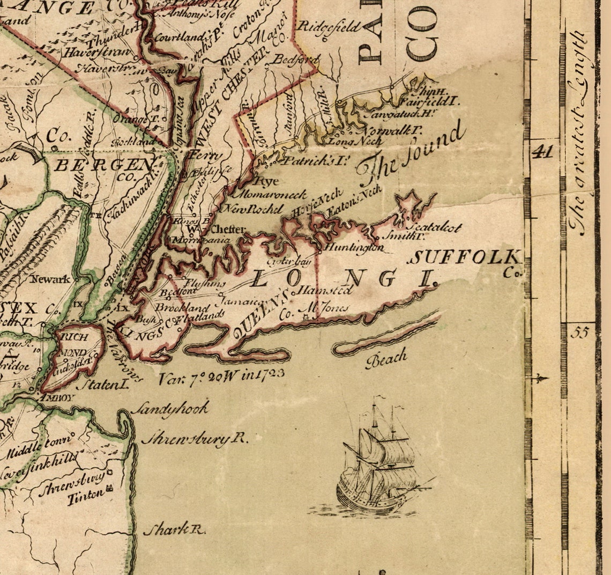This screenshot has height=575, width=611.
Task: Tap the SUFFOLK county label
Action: [464, 259]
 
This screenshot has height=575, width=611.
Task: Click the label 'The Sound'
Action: [410, 153]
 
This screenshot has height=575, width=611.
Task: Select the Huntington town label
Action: [354, 248]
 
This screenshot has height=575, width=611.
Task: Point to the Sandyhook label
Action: [169, 409]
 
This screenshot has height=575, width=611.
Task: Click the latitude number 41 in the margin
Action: [542, 152]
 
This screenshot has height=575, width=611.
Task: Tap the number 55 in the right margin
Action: [579, 333]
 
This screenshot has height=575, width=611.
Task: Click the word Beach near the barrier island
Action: [386, 358]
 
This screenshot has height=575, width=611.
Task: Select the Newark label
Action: [50, 279]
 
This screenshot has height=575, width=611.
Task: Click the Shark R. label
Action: [174, 529]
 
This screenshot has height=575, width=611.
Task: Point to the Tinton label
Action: [85, 497]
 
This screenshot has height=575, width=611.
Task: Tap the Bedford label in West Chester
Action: [293, 59]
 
